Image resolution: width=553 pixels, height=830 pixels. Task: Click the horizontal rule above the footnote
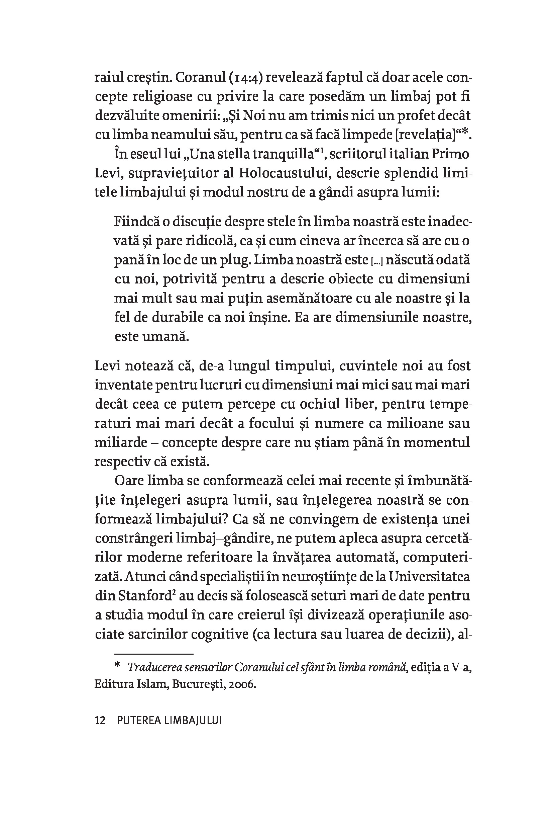pos(144,654)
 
